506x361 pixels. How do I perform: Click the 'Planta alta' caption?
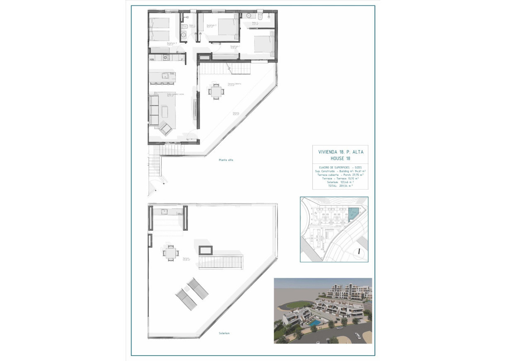(x=226, y=160)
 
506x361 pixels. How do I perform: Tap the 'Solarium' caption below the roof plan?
(x=224, y=333)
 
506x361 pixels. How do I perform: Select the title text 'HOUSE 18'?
(x=340, y=159)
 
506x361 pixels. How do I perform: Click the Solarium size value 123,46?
(x=346, y=182)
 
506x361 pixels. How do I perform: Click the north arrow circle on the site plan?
(x=359, y=251)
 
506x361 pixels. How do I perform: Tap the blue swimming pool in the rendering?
(x=316, y=322)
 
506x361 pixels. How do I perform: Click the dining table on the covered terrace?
(x=215, y=91)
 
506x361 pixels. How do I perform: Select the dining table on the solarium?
(x=170, y=252)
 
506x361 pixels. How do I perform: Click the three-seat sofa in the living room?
(x=154, y=110)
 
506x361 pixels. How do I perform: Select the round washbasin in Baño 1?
(x=183, y=34)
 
